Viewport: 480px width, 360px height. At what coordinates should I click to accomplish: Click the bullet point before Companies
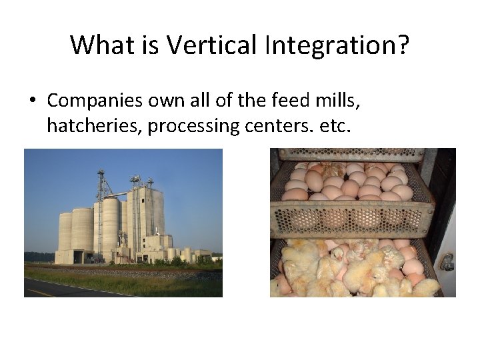pos(32,101)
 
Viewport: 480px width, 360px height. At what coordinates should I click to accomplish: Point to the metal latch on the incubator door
pos(447,261)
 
